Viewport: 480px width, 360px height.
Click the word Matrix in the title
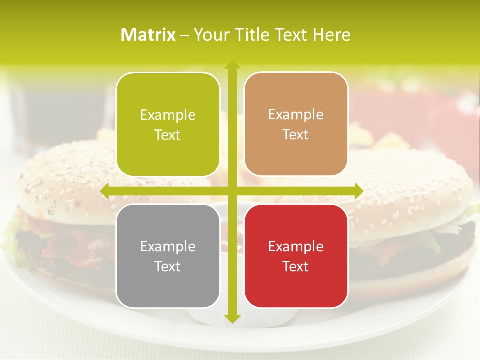coord(148,35)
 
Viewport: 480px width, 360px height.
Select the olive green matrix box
coord(168,124)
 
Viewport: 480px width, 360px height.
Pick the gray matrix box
coord(168,256)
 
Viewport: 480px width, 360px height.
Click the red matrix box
coord(296,256)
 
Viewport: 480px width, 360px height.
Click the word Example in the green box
coord(168,115)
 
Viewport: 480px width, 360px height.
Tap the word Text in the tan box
coord(296,134)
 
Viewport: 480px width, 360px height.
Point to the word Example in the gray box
coord(168,247)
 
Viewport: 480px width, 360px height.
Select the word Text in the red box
coord(296,266)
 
